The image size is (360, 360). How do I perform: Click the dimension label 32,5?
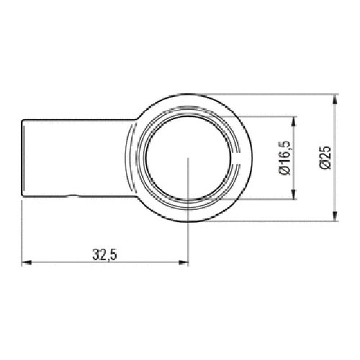[105, 255]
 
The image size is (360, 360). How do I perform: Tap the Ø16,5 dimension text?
[285, 158]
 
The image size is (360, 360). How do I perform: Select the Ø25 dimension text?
[325, 157]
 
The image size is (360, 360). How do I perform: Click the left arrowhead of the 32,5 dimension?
[27, 262]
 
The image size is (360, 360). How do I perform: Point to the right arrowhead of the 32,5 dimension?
[183, 262]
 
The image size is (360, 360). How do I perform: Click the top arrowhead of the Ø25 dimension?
[335, 99]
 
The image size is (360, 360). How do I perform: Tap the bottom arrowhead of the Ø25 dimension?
[335, 216]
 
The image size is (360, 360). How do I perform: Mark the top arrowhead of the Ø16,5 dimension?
[294, 121]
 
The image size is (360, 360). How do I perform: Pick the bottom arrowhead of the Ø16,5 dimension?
[294, 194]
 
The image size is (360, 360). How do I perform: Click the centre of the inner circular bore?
[188, 157]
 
